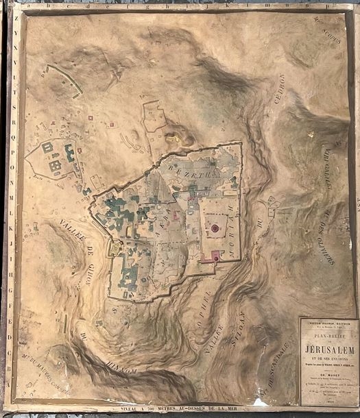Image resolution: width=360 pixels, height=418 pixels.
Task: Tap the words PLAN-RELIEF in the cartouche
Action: [328, 335]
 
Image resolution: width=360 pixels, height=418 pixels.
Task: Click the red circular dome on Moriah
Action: [215, 228]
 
